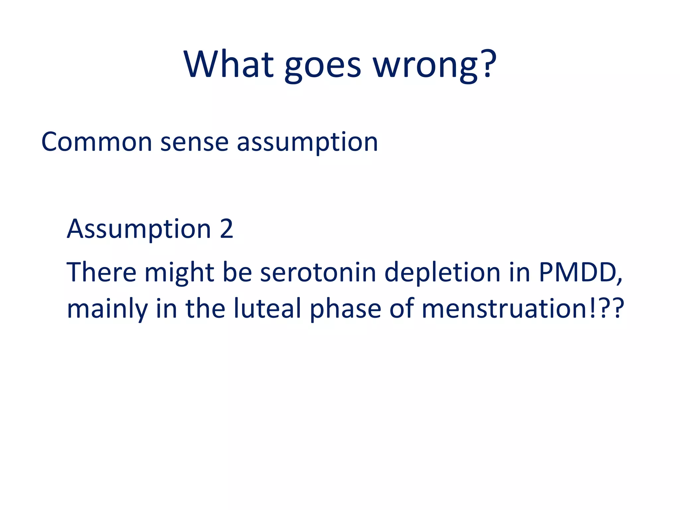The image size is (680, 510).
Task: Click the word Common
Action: coord(97,142)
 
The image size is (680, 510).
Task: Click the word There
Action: coord(101,272)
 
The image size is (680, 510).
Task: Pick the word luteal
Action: coord(267,308)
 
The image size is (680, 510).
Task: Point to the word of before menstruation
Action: coord(401,308)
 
